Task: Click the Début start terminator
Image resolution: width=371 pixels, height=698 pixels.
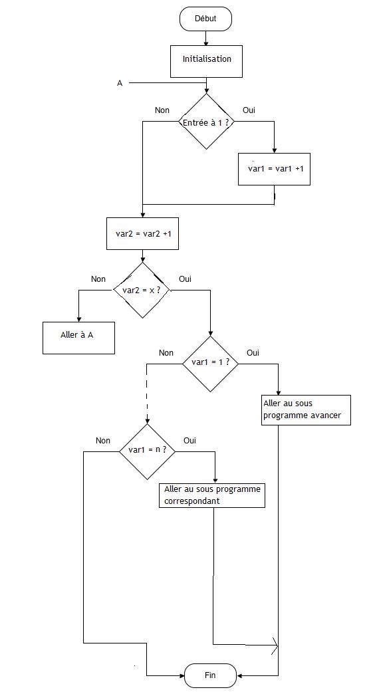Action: (205, 19)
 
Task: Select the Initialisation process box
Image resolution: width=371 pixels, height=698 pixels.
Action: (207, 61)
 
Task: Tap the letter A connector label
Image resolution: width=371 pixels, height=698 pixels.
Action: (120, 83)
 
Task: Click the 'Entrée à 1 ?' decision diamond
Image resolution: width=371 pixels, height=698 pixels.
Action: (206, 122)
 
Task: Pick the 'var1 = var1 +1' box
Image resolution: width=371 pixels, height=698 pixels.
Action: (275, 169)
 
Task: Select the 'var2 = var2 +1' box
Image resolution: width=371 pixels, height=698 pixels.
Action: (142, 234)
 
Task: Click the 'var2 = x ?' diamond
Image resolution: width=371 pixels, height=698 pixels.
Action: (142, 291)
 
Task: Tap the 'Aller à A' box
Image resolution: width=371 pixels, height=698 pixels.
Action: (79, 338)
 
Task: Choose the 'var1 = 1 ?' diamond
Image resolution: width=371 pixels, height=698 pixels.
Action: (211, 364)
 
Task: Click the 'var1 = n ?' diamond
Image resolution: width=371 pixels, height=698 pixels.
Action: (148, 451)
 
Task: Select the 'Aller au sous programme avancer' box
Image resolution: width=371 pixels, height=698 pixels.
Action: (306, 410)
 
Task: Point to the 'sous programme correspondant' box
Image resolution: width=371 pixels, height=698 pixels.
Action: (213, 495)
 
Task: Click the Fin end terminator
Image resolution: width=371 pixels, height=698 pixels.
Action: (210, 675)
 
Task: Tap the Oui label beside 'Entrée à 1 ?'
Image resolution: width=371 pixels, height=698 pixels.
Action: (249, 110)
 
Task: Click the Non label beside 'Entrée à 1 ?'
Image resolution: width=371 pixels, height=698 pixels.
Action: (162, 110)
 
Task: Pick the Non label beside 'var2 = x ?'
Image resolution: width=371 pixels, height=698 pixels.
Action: (98, 279)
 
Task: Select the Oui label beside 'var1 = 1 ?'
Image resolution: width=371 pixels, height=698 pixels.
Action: (253, 353)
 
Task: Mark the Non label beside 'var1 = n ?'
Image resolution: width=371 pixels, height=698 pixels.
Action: (103, 441)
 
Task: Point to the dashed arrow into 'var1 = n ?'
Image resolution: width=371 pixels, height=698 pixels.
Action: (147, 394)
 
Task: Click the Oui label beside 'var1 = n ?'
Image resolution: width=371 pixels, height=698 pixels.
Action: (189, 441)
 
